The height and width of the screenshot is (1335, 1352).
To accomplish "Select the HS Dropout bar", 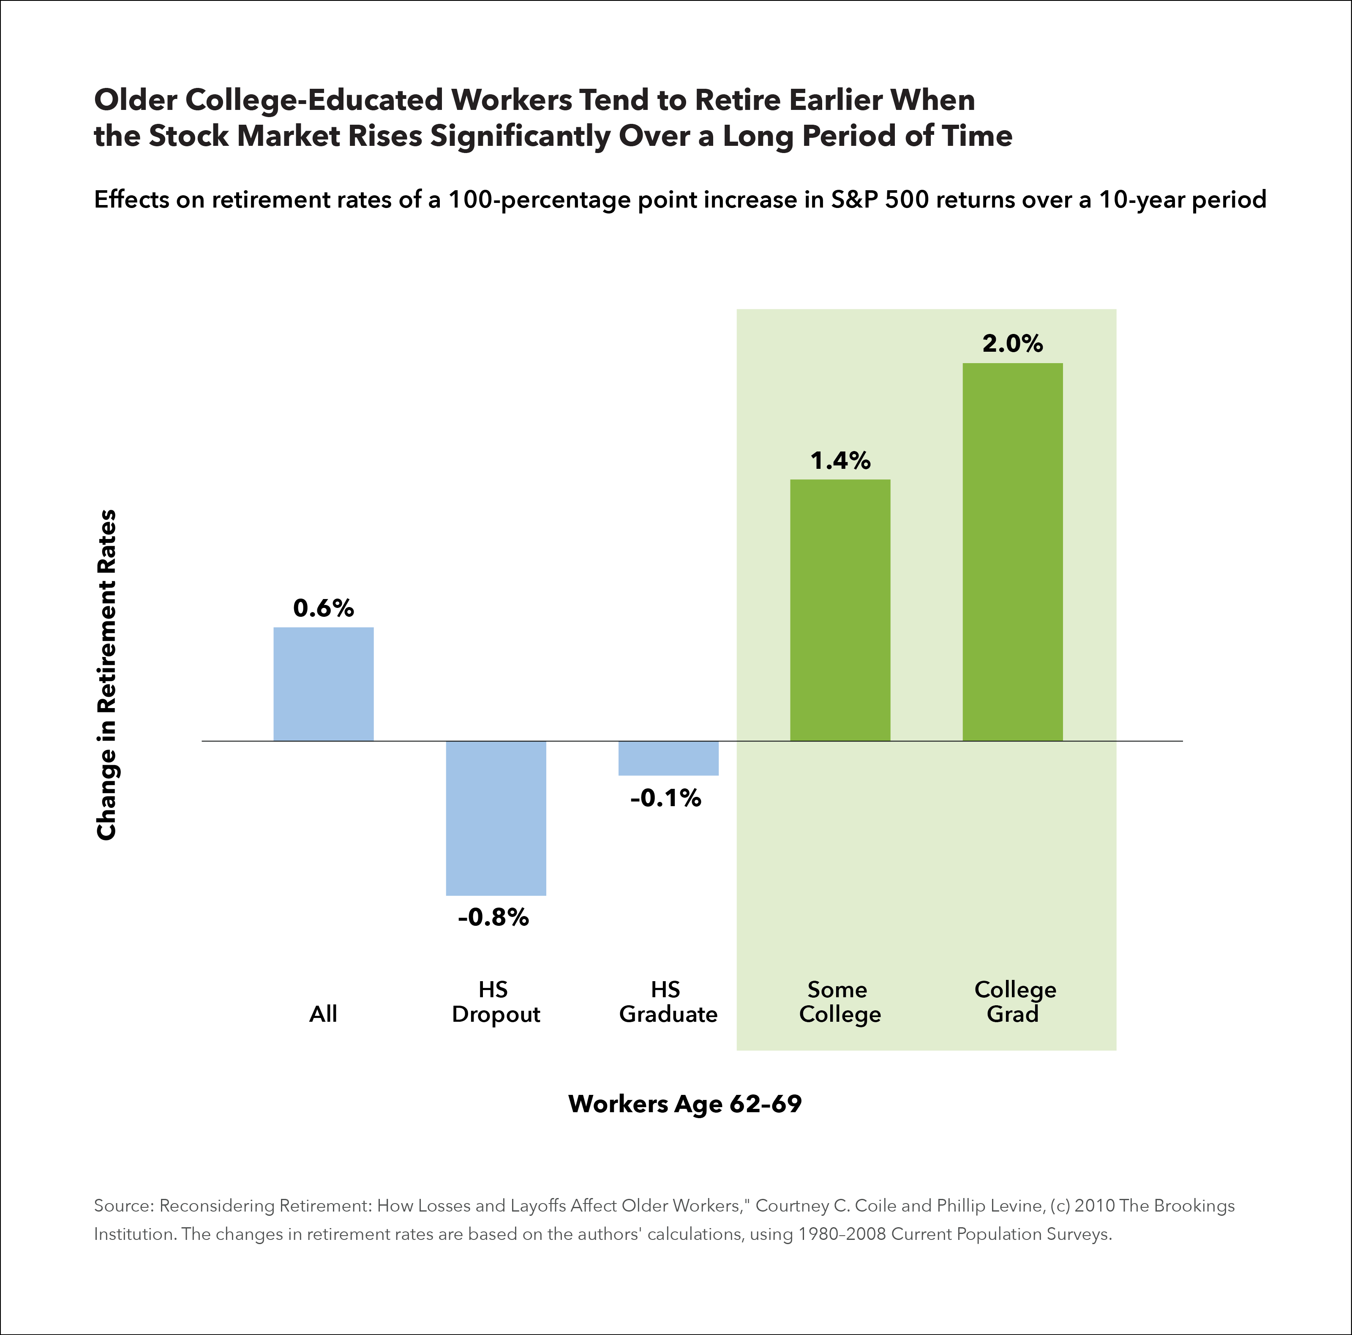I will click(x=496, y=818).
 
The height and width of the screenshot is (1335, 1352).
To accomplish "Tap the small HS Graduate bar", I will click(x=668, y=758).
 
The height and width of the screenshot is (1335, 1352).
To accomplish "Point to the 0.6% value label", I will click(x=323, y=608).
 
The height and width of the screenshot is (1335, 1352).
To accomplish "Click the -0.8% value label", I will click(x=493, y=917).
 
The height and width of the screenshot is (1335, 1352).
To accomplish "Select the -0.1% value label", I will click(x=665, y=798).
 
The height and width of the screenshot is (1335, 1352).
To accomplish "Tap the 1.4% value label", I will click(x=840, y=461).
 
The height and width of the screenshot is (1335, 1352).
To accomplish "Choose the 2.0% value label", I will click(x=1013, y=344).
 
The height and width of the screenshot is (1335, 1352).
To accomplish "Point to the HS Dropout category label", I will click(x=496, y=1002).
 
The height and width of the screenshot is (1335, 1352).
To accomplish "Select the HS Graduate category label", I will click(x=668, y=1002).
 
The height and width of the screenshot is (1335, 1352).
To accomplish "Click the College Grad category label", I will click(x=1015, y=1002).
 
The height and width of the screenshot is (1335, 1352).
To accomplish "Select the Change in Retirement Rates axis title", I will click(x=106, y=675).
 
